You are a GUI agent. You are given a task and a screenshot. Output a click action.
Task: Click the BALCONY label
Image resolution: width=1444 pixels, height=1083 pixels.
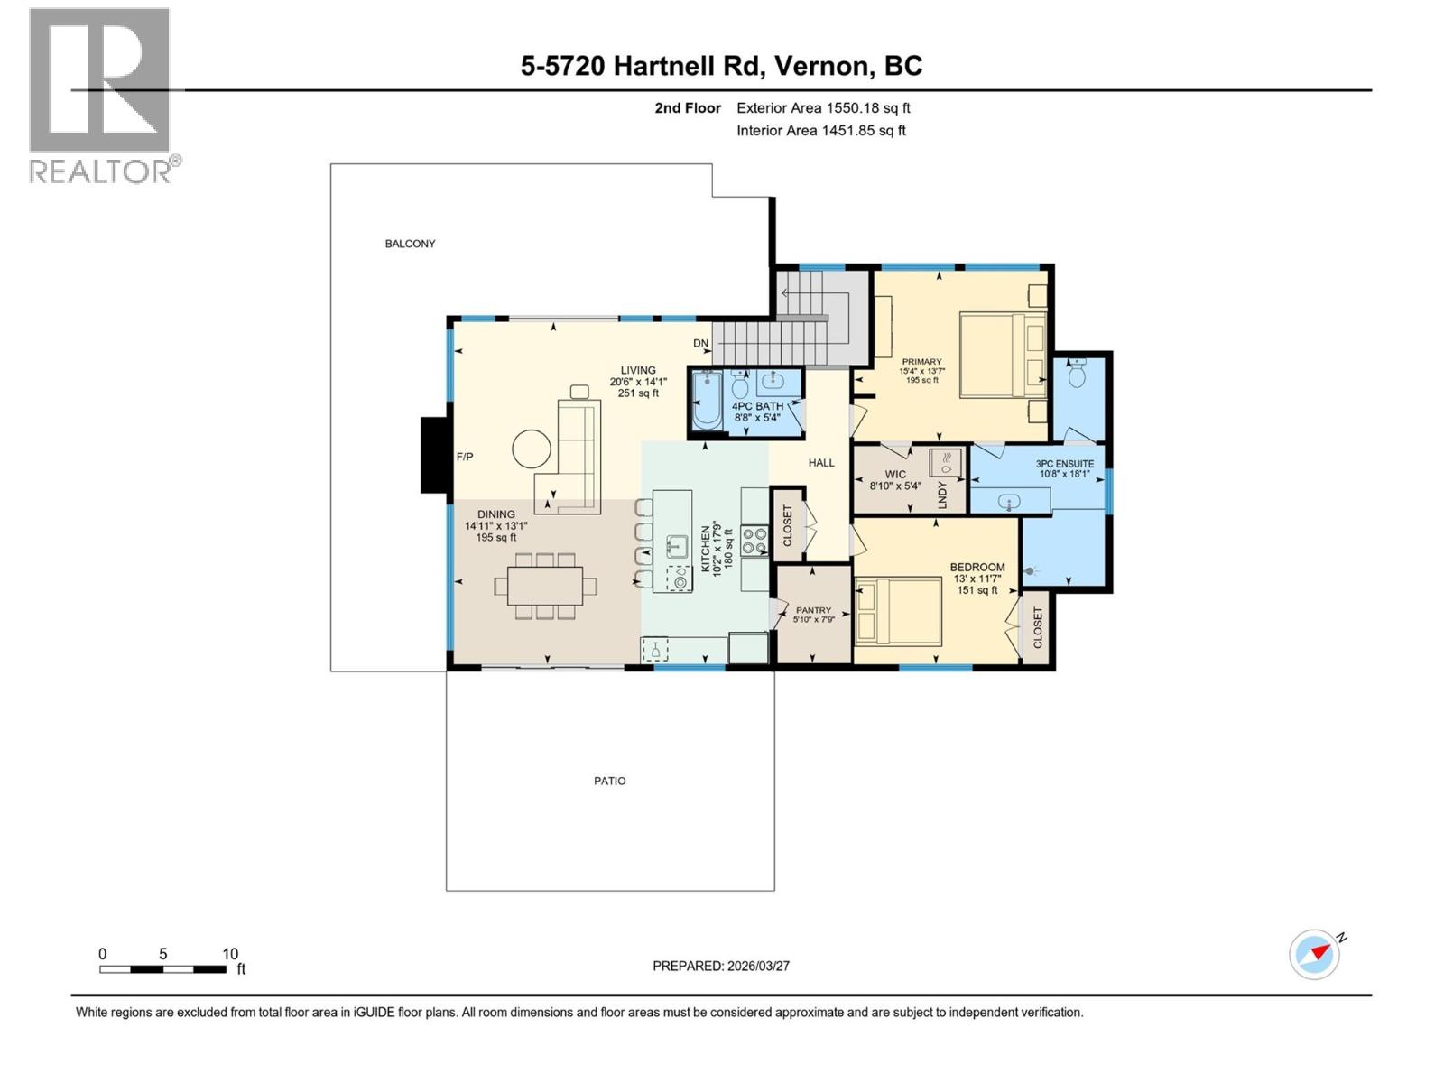410,244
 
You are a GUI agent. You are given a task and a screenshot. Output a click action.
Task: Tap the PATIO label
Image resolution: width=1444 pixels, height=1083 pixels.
609,781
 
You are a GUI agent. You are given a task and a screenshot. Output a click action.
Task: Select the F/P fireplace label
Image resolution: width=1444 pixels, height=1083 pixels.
465,458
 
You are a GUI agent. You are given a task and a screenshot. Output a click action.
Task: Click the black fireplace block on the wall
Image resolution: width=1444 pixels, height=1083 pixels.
434,455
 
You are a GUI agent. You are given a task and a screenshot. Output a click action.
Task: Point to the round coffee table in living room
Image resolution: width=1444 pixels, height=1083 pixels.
532,448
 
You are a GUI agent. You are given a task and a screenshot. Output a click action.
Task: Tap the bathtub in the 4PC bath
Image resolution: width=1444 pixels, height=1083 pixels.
707,402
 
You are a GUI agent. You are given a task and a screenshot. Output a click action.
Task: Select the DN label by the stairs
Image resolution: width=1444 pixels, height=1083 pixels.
701,343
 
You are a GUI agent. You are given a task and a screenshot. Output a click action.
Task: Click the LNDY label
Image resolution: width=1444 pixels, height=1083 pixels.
942,495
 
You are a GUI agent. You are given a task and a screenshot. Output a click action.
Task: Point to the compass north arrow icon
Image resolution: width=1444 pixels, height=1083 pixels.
1315,954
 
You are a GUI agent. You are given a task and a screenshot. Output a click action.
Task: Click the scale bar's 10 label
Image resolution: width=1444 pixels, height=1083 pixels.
230,954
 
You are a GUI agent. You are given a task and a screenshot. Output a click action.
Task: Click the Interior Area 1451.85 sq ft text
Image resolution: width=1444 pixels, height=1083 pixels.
820,130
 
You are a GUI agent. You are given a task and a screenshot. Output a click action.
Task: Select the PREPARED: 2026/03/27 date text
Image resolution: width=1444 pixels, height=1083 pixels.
721,966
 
